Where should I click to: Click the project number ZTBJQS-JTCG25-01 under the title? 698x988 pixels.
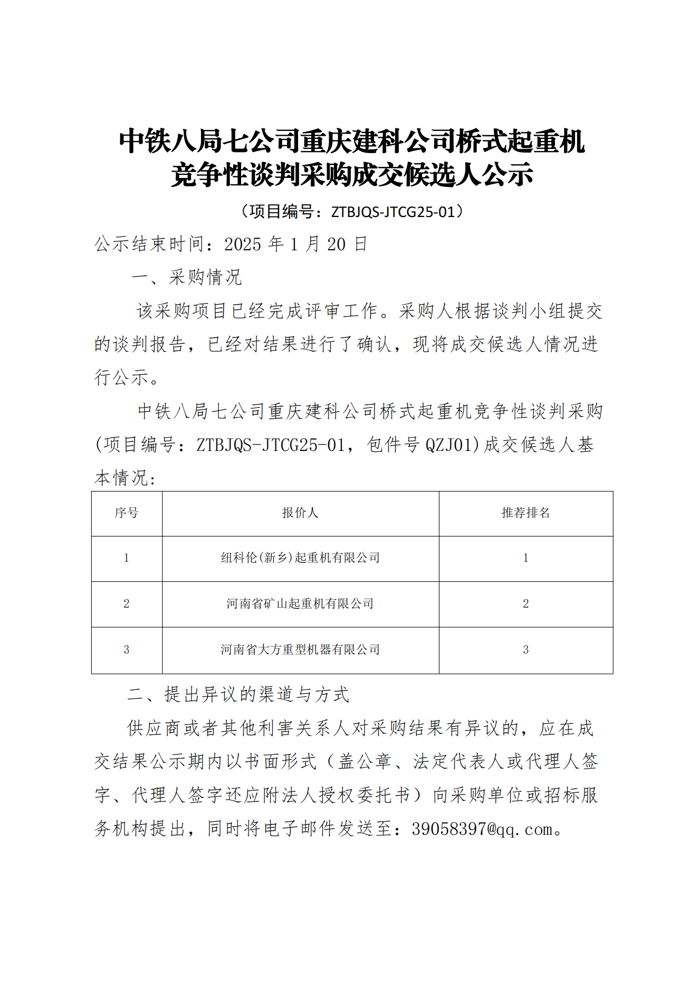point(393,212)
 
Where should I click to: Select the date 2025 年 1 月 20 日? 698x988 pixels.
point(295,244)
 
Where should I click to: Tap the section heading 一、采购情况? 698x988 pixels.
point(187,277)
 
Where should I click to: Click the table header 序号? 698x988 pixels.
point(127,513)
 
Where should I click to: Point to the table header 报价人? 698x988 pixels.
point(300,513)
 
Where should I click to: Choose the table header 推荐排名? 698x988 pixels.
point(525,513)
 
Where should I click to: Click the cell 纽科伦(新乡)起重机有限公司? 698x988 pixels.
point(300,558)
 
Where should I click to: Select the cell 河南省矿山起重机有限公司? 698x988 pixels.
point(300,604)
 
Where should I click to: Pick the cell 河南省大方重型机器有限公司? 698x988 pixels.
point(300,650)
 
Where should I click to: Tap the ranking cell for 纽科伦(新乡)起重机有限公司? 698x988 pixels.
point(525,558)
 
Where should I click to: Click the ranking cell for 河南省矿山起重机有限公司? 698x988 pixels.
point(525,604)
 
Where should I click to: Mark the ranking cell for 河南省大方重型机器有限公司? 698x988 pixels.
point(525,650)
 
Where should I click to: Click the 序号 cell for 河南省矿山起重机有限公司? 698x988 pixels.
point(127,604)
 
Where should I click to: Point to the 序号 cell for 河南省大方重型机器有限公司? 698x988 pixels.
point(127,650)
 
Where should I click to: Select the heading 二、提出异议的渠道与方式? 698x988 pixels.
point(238,694)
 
